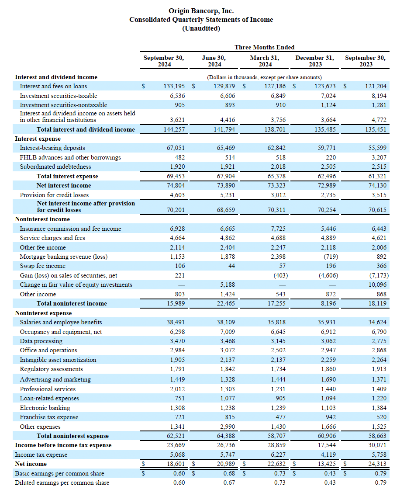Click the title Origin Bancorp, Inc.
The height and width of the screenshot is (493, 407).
pos(201,10)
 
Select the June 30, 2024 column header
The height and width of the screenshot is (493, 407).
pos(214,61)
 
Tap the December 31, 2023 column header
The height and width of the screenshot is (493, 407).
pos(315,61)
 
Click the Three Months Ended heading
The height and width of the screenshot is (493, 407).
pos(265,47)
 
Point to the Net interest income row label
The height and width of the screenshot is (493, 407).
pos(64,185)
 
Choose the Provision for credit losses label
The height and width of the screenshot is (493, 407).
pos(54,195)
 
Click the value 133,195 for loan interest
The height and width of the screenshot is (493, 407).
pos(174,86)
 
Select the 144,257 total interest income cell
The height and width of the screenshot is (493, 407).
pos(174,129)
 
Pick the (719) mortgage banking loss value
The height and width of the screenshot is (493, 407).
pos(331,257)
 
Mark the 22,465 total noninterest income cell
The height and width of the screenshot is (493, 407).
pos(226,303)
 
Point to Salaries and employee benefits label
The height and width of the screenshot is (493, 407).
pos(61,322)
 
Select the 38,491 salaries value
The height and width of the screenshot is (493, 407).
pos(176,322)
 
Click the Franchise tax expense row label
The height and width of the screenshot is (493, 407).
pos(49,417)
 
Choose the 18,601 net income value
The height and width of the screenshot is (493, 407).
pos(176,464)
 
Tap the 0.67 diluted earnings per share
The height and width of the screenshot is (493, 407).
pos(229,483)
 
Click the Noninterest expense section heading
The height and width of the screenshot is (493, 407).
pos(43,313)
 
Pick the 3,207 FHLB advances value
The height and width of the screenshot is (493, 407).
pos(379,157)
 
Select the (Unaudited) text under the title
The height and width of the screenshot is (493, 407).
pos(201,28)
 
